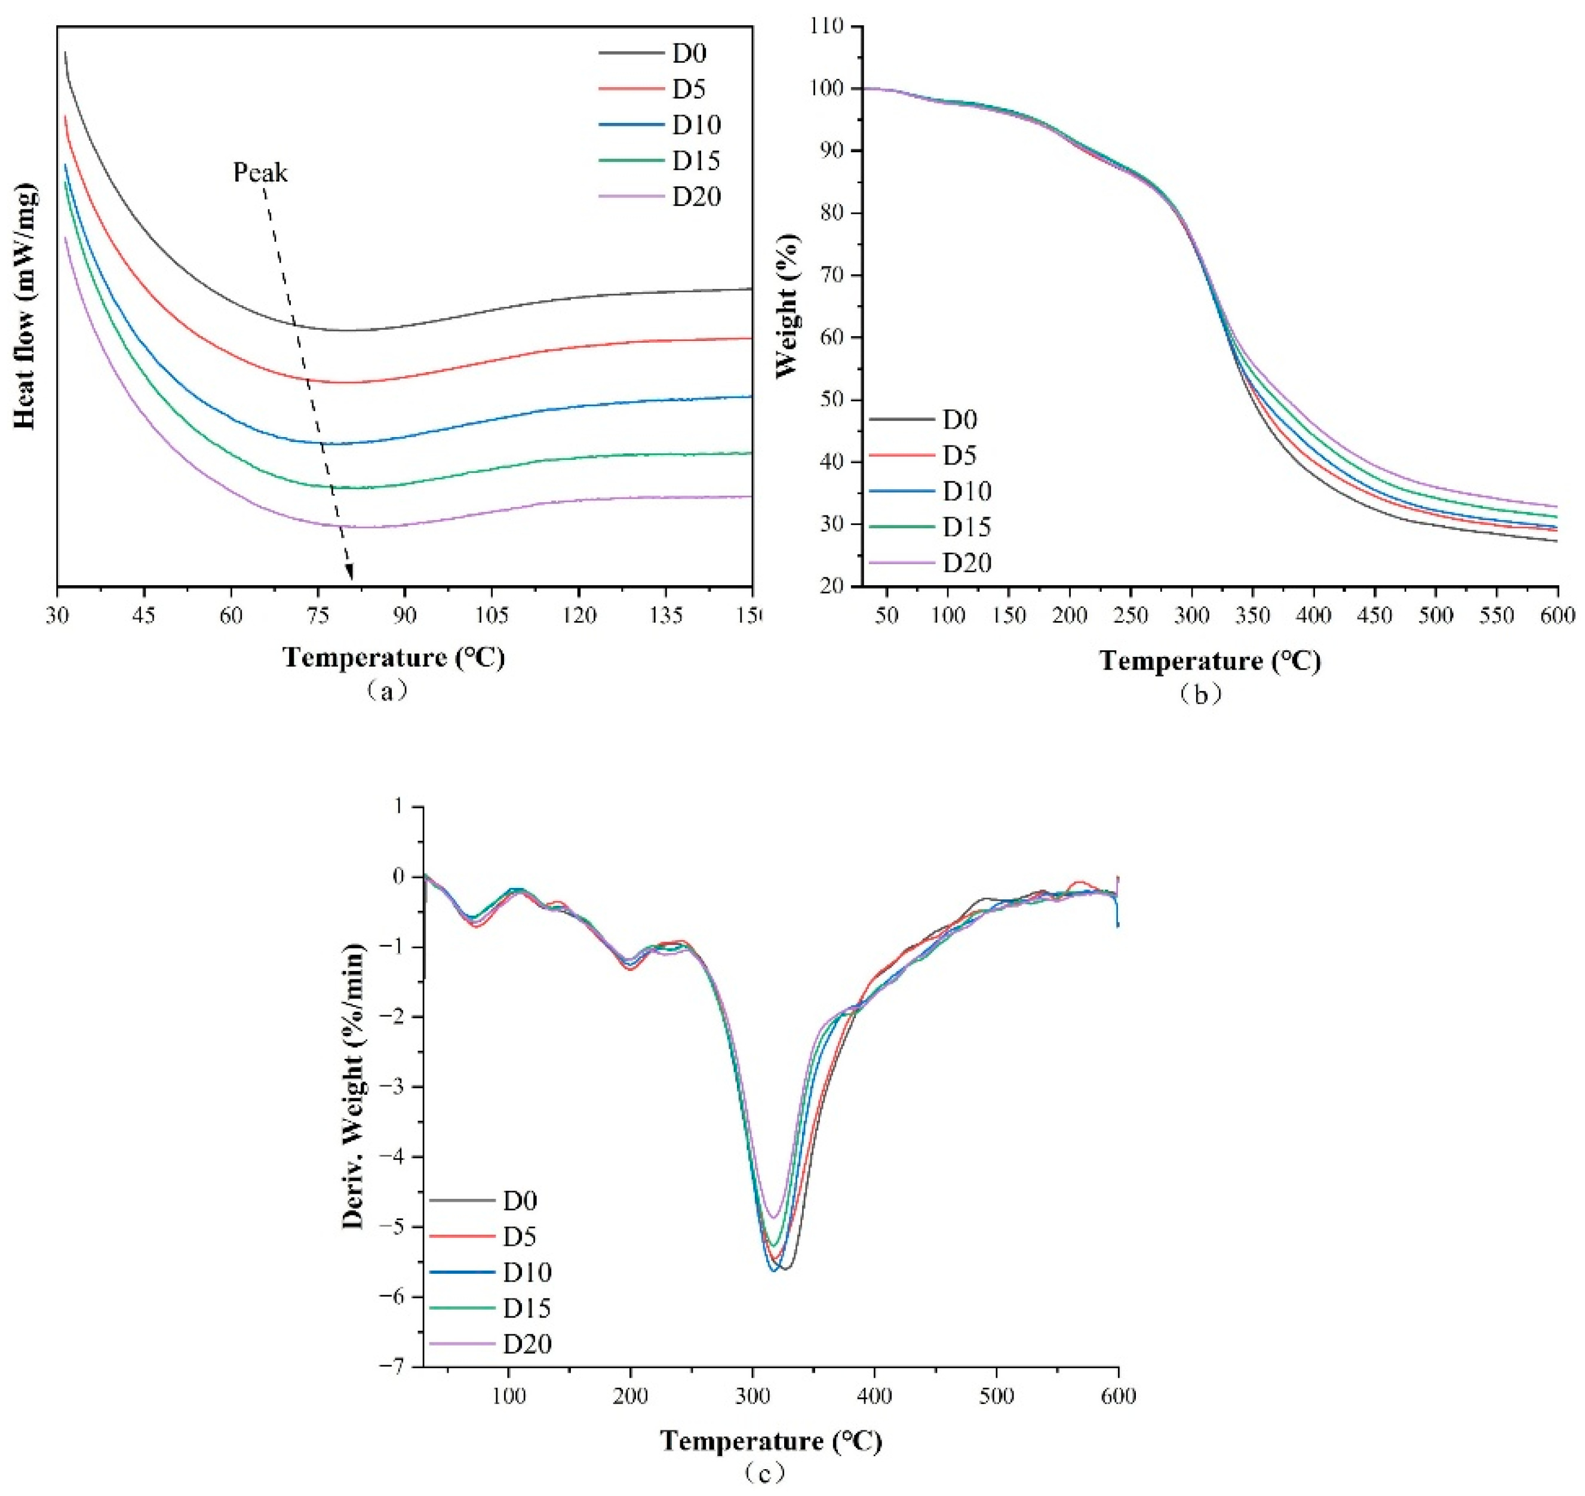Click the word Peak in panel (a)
(260, 172)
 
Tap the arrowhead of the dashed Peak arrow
(349, 573)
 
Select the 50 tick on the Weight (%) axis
(833, 400)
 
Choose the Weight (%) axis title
(786, 305)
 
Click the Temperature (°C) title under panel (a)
(394, 658)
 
